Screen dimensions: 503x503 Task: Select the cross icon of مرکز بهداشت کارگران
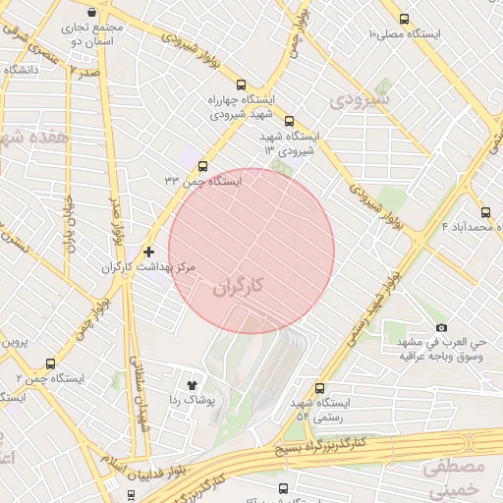coord(148,251)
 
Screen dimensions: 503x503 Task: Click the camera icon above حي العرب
coord(441,327)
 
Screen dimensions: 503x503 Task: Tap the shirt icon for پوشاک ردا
coord(192,384)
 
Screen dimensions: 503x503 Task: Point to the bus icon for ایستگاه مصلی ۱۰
coord(405,19)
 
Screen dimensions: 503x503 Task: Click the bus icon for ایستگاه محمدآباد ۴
coord(486,212)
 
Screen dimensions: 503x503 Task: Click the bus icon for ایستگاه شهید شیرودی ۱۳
coord(288,122)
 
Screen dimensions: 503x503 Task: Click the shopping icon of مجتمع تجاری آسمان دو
coord(92,13)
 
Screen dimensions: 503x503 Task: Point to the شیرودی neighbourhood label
coord(360,100)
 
